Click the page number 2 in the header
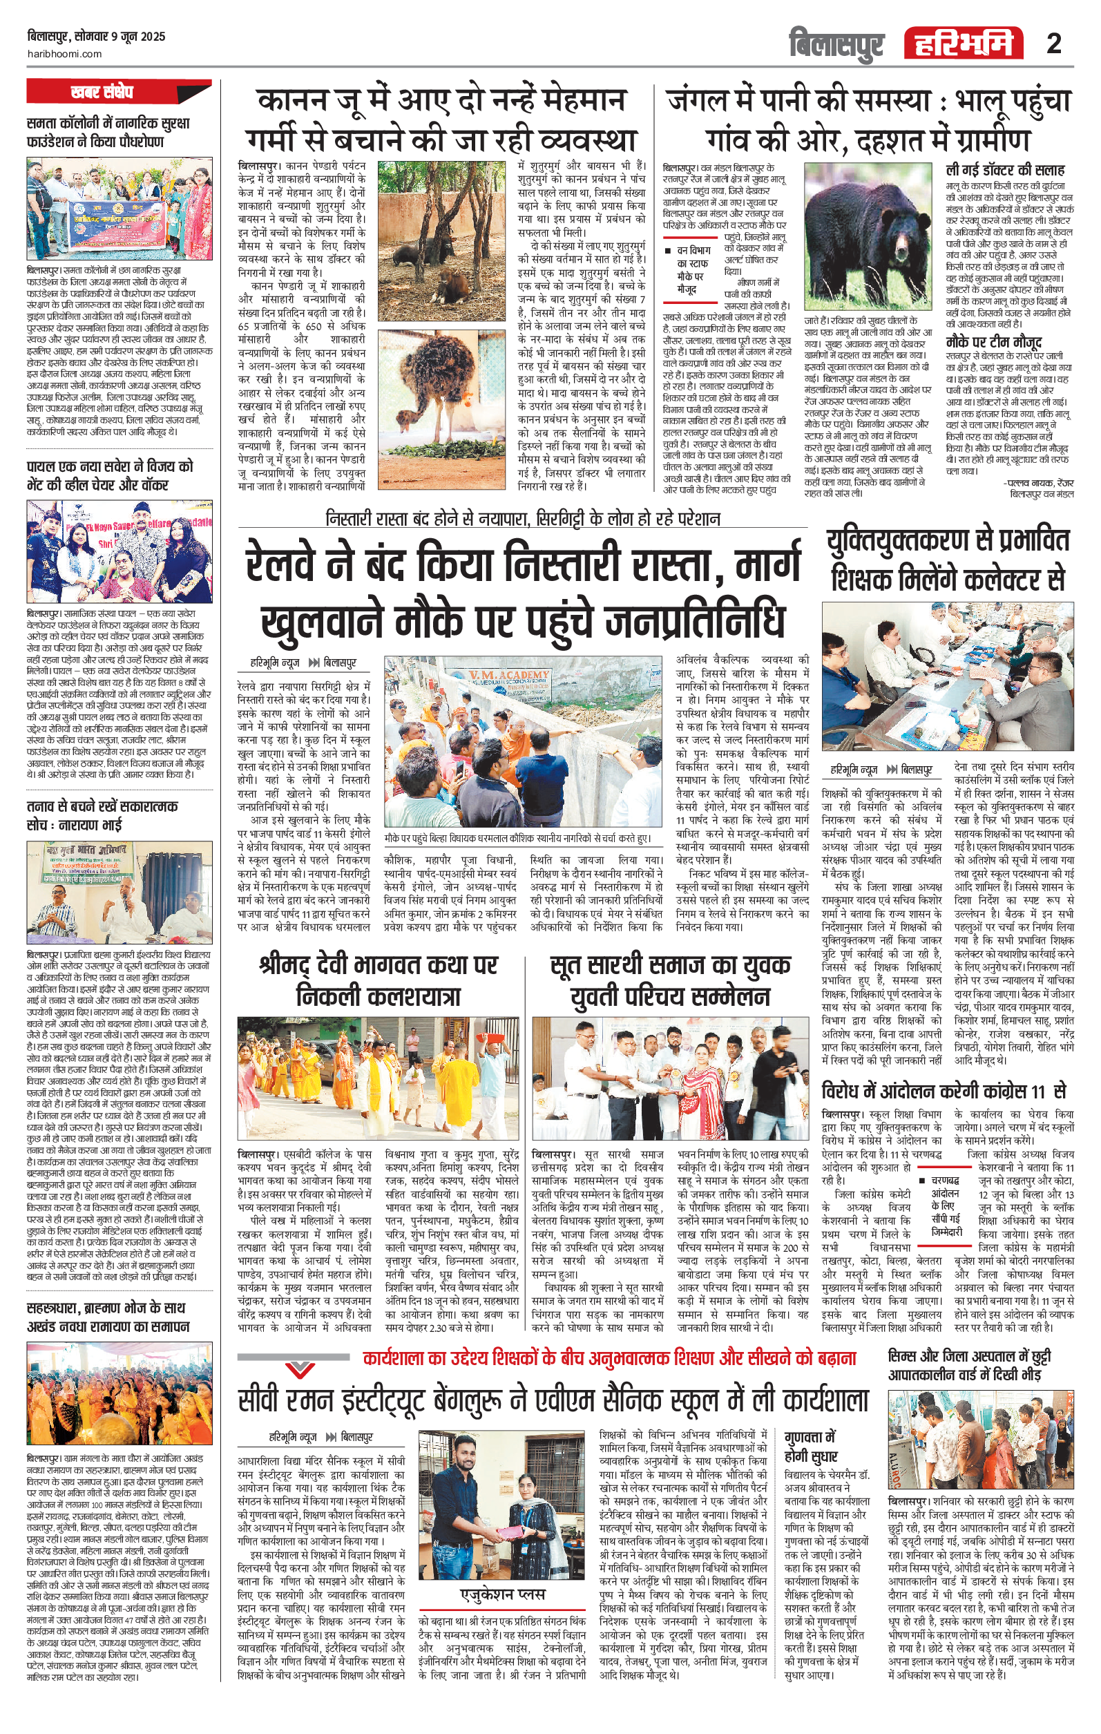1053,44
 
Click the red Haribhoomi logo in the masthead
964,44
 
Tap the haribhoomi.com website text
65,53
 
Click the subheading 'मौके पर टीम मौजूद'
994,342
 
